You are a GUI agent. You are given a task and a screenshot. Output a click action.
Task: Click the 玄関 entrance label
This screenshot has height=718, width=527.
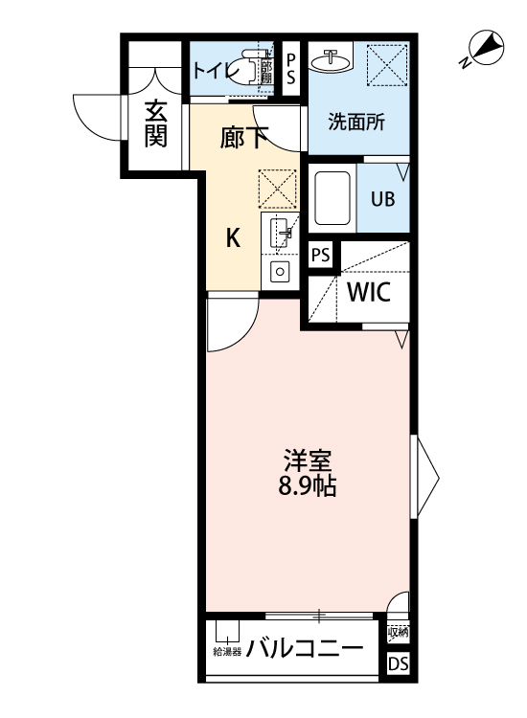[155, 124]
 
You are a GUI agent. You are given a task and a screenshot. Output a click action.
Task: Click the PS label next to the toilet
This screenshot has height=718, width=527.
[291, 69]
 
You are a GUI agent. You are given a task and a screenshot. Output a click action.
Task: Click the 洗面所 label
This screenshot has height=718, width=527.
[355, 123]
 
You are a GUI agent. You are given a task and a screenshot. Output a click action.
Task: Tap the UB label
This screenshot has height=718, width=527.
[382, 201]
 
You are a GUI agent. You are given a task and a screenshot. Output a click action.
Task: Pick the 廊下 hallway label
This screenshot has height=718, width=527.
[244, 139]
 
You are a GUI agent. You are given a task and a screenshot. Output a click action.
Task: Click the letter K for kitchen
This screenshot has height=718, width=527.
[233, 238]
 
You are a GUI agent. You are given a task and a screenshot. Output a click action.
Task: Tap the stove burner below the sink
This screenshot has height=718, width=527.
[280, 271]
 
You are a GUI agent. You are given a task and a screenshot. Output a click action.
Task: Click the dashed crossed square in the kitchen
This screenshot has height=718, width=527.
[278, 188]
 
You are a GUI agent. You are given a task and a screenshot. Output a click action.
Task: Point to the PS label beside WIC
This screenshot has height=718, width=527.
[321, 256]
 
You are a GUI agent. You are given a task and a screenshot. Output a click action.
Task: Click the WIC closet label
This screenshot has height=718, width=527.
[368, 292]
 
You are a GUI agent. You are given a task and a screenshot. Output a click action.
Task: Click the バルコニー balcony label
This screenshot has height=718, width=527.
[304, 649]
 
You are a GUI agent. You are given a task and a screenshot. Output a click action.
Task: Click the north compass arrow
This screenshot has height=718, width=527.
[487, 45]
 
